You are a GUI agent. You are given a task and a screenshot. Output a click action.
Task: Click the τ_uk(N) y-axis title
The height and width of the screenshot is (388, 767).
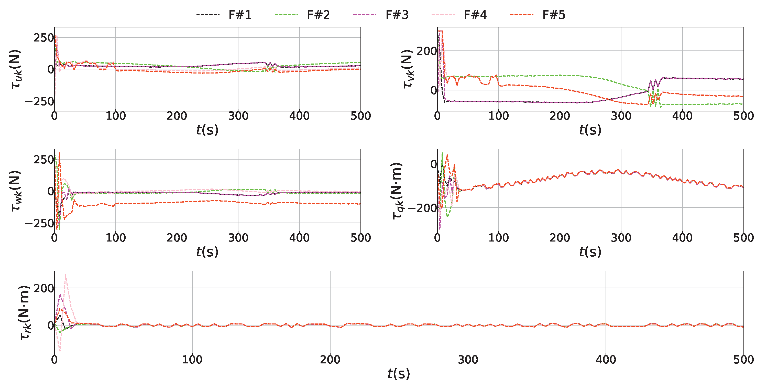point(16,69)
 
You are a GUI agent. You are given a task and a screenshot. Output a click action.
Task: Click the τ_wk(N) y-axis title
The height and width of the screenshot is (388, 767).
point(16,191)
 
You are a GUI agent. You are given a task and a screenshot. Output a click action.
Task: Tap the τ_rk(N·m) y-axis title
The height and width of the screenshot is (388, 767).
point(24,313)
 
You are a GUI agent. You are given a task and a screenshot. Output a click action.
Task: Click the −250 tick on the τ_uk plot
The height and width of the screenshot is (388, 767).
point(39,102)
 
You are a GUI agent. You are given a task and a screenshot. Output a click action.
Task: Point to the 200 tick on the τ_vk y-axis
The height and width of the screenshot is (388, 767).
point(426,51)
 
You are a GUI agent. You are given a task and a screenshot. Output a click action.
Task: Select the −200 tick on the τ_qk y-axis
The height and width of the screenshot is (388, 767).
point(422,208)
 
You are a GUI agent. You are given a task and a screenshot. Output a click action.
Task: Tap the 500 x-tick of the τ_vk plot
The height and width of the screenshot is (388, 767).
point(743,116)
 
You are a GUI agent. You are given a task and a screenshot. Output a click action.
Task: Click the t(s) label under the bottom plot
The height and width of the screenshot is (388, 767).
point(399,374)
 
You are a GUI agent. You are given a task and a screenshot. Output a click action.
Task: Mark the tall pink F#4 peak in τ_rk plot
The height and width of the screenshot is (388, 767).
point(65,275)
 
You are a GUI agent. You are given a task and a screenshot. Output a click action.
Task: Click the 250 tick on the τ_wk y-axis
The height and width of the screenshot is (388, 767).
point(43,160)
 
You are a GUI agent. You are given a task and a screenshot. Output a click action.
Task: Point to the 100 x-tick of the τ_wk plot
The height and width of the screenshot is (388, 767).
point(116,238)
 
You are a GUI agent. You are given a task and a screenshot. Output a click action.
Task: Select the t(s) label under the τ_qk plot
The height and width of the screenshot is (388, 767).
point(590,252)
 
